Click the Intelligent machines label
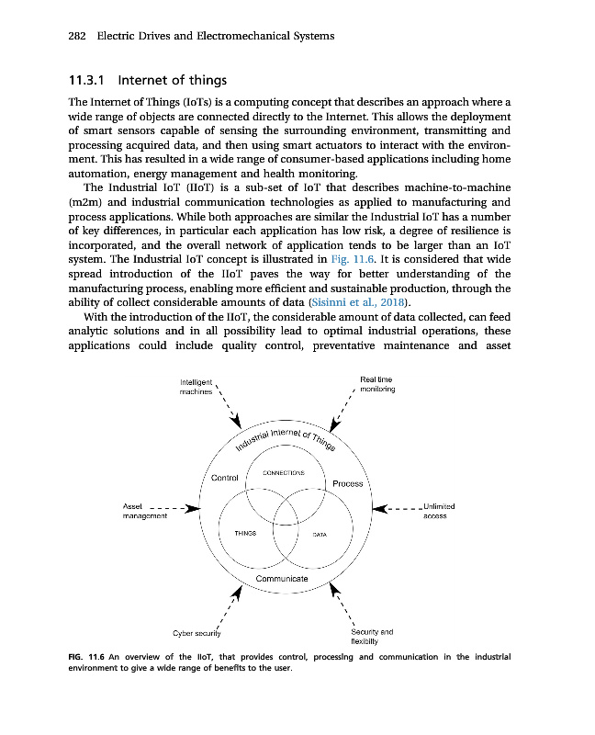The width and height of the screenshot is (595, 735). pos(196,387)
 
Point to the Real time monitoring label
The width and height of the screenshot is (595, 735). pos(376,383)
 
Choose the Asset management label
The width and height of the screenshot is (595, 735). pos(144,511)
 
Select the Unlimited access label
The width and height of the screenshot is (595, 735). pos(434,511)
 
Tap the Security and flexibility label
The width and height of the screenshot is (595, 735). pos(372,637)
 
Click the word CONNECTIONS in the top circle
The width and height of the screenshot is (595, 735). pos(284,471)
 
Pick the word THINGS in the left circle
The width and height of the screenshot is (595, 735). pos(243,534)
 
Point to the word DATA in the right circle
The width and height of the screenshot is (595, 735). pos(320,534)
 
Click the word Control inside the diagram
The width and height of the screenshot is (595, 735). pos(225,478)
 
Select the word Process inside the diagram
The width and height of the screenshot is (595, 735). pos(348,483)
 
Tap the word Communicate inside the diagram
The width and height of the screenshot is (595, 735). pos(282,579)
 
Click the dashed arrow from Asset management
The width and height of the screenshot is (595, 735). pos(174,506)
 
